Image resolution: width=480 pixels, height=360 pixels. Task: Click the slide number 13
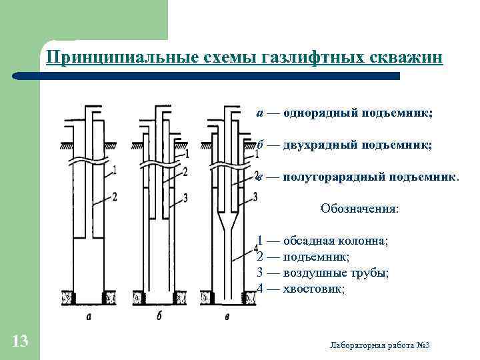click(x=20, y=342)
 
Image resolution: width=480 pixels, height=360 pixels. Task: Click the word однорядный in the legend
click(x=321, y=113)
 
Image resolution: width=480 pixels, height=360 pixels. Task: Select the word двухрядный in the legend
click(x=323, y=145)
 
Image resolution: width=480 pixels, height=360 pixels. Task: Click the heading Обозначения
click(x=360, y=209)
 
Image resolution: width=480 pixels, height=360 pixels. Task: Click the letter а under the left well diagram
click(x=89, y=317)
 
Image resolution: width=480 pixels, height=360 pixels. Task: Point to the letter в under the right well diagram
click(x=228, y=317)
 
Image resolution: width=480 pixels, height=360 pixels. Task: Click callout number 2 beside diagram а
click(x=115, y=196)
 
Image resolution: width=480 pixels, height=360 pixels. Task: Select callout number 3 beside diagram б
click(x=185, y=197)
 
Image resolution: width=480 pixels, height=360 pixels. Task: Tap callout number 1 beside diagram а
click(x=115, y=170)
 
